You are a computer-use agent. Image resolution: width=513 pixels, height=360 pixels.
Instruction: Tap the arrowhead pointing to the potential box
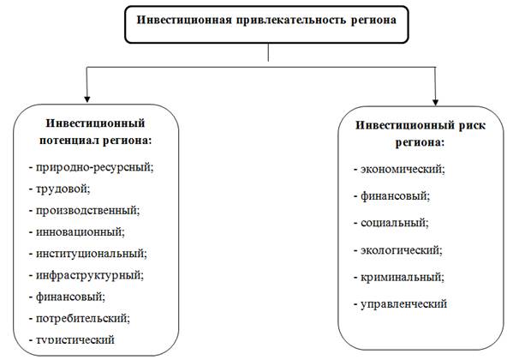pos(86,99)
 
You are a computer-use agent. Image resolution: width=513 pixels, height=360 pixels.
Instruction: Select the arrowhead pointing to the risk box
pos(435,102)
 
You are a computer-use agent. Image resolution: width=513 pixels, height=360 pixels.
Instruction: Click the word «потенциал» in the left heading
pos(69,141)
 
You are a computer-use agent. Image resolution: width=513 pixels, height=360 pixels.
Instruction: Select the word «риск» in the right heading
pos(472,126)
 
